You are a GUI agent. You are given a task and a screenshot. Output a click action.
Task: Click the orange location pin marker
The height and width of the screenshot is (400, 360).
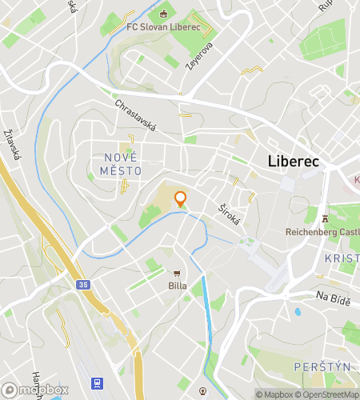(180, 199)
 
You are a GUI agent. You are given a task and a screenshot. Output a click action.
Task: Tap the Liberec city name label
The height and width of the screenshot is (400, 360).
(293, 162)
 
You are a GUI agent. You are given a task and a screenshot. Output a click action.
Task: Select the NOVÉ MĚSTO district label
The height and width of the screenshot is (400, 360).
(122, 165)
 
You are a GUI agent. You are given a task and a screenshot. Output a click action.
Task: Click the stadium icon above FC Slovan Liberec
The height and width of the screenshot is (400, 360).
(165, 13)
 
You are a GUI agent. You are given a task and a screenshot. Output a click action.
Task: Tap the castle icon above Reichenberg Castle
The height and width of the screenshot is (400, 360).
(325, 218)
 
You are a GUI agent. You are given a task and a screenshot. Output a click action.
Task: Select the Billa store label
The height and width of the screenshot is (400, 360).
(177, 286)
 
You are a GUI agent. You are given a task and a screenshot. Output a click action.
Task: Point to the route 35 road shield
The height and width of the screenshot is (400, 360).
(84, 284)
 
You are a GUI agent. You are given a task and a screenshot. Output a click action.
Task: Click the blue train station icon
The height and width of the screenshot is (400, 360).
(98, 384)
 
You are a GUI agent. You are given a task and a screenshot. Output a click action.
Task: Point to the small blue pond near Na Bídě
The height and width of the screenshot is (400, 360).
(298, 312)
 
